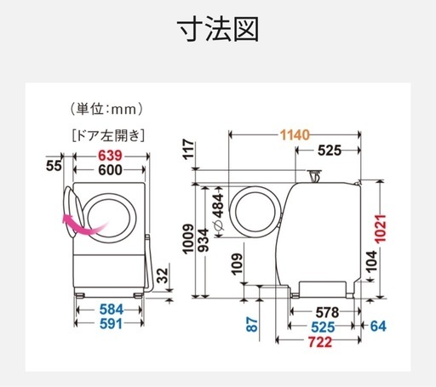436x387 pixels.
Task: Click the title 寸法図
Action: (218, 29)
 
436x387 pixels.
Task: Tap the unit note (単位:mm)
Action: (106, 109)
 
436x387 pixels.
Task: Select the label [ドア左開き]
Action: (108, 135)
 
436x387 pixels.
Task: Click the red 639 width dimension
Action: (110, 156)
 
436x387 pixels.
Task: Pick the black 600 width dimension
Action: (110, 170)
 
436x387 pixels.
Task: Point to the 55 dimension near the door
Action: (54, 166)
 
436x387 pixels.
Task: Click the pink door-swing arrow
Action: (85, 225)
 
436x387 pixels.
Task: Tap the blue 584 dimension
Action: (112, 310)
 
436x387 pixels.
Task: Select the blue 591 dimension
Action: (111, 323)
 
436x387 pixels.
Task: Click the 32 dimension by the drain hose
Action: (163, 276)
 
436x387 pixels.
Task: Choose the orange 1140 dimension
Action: (295, 135)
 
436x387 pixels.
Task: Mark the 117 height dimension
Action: (189, 149)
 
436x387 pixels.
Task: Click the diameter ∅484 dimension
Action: (219, 212)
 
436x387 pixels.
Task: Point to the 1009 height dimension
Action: (188, 239)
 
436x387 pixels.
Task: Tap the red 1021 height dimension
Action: (381, 229)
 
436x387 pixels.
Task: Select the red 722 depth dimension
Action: (320, 342)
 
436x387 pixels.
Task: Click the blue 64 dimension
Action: (378, 326)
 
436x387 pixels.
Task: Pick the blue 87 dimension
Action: (252, 325)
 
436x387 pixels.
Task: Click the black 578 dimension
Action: (327, 312)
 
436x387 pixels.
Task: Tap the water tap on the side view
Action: (314, 176)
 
